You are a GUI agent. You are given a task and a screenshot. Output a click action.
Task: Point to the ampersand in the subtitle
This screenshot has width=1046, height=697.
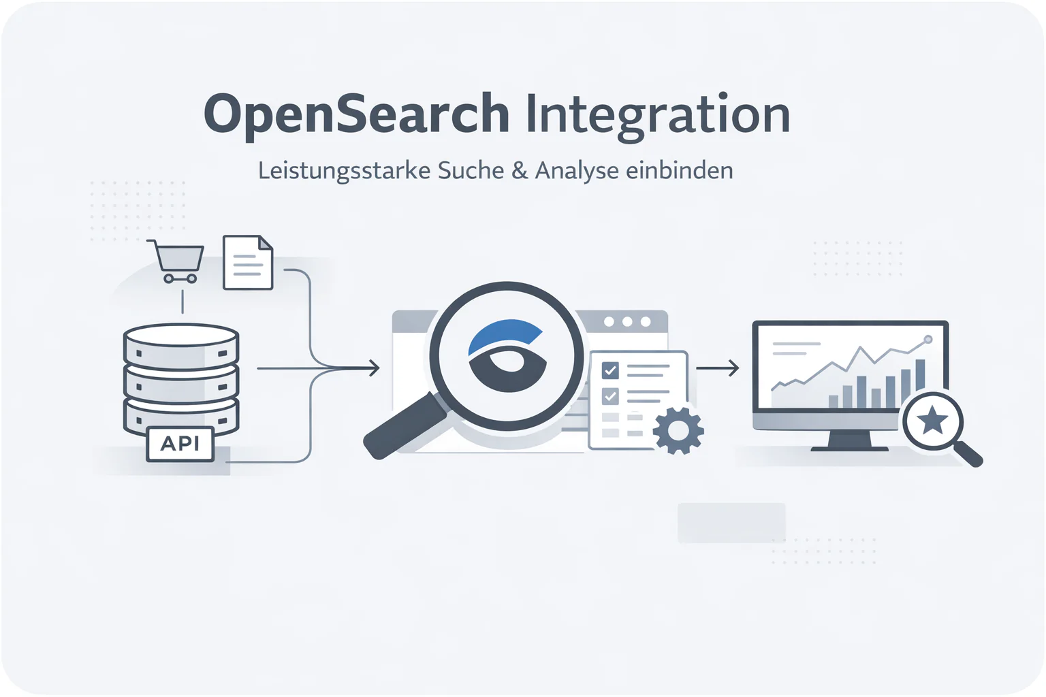pyautogui.click(x=520, y=170)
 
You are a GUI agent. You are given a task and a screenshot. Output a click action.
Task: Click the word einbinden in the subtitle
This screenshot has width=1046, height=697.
pyautogui.click(x=679, y=170)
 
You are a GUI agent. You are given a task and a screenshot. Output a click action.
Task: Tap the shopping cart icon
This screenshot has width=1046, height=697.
pyautogui.click(x=176, y=261)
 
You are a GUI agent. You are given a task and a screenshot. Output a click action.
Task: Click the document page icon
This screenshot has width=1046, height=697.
pyautogui.click(x=248, y=262)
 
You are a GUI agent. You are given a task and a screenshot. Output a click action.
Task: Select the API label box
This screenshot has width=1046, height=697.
pyautogui.click(x=180, y=444)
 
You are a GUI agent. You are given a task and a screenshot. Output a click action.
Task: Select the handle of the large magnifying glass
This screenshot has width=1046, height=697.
pyautogui.click(x=405, y=427)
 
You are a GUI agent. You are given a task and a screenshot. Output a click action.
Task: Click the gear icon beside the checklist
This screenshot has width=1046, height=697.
pyautogui.click(x=678, y=430)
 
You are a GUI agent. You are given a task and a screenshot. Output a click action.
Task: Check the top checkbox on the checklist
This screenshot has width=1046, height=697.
pyautogui.click(x=610, y=371)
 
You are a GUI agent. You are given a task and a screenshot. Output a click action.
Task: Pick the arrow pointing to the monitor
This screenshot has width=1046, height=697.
pyautogui.click(x=718, y=368)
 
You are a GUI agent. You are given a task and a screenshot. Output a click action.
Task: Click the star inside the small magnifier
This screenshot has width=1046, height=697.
pyautogui.click(x=932, y=420)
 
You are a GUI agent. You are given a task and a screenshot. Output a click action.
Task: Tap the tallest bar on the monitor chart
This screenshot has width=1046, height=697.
pyautogui.click(x=920, y=375)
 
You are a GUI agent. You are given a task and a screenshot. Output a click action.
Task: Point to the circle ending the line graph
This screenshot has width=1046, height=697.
pyautogui.click(x=928, y=340)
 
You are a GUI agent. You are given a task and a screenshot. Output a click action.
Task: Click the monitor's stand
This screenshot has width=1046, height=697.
pyautogui.click(x=850, y=440)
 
